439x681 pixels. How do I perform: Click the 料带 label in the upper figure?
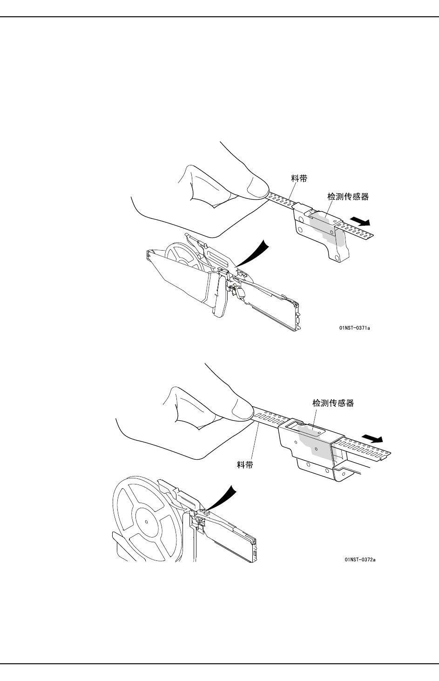(299, 178)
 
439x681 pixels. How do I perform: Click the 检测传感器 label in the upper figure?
(348, 197)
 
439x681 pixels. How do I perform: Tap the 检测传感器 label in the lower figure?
(333, 403)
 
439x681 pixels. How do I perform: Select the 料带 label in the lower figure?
(245, 465)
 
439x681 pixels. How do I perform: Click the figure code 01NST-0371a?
(355, 328)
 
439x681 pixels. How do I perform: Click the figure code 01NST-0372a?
(360, 559)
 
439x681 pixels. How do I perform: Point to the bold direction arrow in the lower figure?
(372, 438)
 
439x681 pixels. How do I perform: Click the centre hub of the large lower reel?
(146, 521)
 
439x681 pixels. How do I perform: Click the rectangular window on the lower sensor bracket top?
(294, 425)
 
